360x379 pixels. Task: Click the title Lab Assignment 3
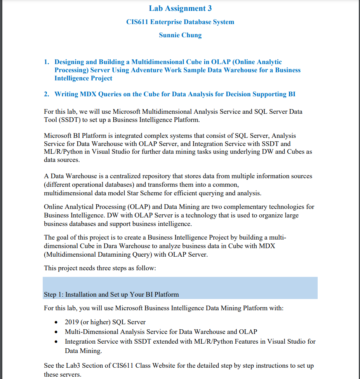coord(180,8)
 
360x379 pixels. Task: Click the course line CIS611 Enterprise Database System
coord(180,22)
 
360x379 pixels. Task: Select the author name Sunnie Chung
coord(180,35)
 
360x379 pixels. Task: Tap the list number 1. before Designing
coord(46,62)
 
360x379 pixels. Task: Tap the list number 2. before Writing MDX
coord(46,94)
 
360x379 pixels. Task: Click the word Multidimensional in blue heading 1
coord(155,62)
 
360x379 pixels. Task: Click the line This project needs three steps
coord(100,268)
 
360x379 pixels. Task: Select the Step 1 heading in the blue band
coord(111,294)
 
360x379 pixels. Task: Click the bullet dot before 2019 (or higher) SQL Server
coord(57,322)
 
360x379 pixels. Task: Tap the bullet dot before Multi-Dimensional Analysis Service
coord(57,332)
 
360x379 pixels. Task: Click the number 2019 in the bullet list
coord(72,322)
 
